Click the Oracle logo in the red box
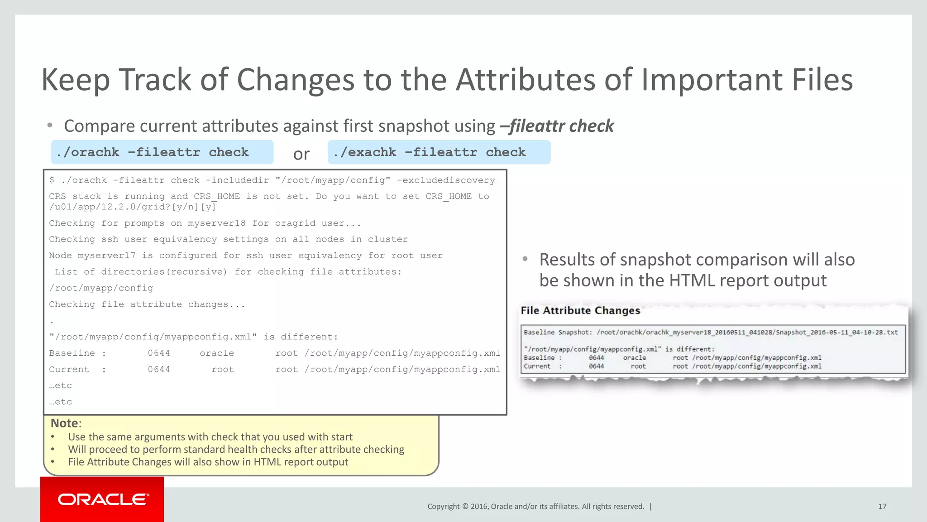point(103,499)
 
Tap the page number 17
point(882,506)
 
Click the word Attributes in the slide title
point(525,80)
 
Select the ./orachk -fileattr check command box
point(162,152)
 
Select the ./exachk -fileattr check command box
point(439,152)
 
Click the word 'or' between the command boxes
point(301,154)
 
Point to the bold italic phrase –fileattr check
point(557,126)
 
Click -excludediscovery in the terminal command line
point(446,180)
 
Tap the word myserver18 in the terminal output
point(216,223)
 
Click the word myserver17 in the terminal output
point(106,256)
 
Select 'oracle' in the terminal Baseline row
point(217,353)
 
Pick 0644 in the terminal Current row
point(159,370)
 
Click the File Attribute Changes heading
point(580,310)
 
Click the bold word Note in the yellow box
point(64,423)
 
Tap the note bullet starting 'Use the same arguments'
point(210,437)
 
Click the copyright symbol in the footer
point(465,507)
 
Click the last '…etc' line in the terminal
point(61,402)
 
